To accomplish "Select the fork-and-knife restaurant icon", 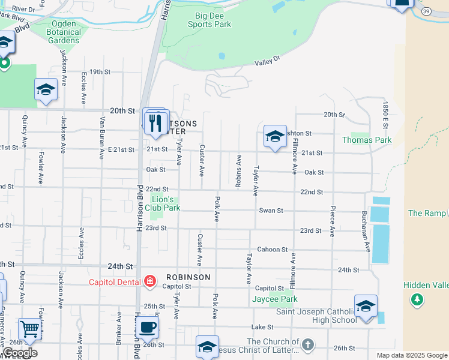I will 157,123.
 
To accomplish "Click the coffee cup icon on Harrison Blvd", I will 148,328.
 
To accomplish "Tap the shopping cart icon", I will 29,329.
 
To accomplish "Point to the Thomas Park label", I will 367,140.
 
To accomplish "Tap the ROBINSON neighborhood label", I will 188,277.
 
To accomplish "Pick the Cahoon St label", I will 273,249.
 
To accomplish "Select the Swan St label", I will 271,211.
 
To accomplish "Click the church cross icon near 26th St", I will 308,344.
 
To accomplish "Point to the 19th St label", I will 100,72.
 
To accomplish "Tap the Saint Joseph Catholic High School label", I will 316,316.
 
